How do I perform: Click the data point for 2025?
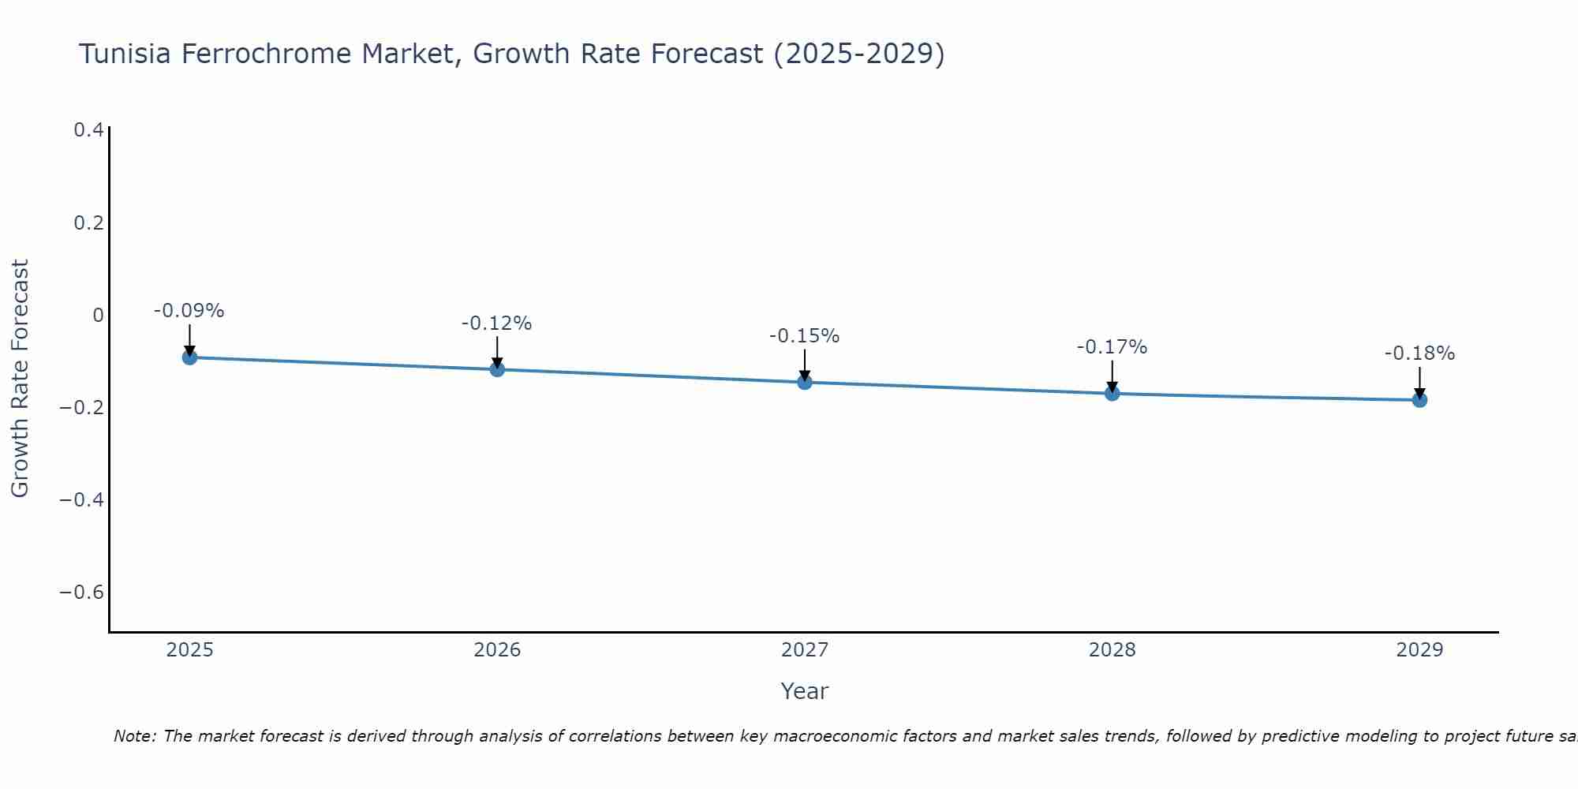pos(189,357)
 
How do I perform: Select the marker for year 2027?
pos(805,383)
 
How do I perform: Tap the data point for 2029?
pos(1419,400)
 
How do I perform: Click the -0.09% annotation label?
pos(189,311)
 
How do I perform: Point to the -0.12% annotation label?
pos(496,323)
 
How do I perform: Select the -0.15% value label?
pos(804,336)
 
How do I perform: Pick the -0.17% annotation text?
pos(1112,347)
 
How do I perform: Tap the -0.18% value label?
pos(1419,353)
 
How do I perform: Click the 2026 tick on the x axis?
pos(497,650)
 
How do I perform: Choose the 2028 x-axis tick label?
pos(1112,650)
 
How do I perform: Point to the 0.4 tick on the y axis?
pos(88,130)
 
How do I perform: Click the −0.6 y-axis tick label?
pos(82,593)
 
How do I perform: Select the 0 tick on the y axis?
pos(98,316)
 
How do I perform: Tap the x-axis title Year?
pos(804,691)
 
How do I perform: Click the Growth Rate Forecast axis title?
pos(20,379)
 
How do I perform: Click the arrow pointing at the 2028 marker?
pos(1112,376)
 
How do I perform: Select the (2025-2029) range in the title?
pos(858,54)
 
